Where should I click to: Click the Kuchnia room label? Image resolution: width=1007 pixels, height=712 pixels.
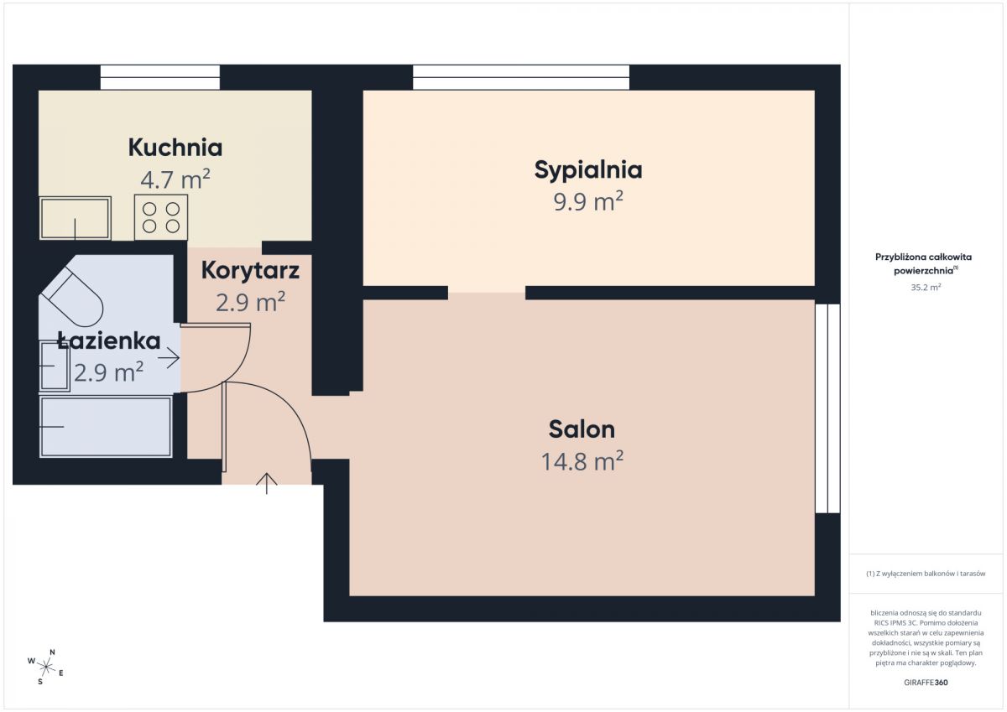point(175,148)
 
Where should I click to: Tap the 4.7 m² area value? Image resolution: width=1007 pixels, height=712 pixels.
point(175,179)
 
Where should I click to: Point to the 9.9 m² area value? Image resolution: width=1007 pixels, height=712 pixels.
point(588,200)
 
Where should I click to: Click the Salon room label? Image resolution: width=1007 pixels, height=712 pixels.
point(582,429)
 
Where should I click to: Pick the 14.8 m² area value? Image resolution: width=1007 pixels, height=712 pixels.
point(582,461)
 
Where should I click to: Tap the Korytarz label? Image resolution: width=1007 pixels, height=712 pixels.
point(250,270)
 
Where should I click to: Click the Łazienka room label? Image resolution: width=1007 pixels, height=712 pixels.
point(109,340)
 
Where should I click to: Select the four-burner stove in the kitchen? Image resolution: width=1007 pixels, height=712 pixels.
point(161,217)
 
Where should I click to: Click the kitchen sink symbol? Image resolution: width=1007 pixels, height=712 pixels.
point(76,218)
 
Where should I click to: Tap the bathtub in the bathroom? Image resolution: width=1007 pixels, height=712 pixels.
point(106,427)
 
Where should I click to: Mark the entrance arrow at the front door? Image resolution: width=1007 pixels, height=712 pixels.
point(267,483)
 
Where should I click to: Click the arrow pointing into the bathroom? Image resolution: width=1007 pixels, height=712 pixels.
point(169,358)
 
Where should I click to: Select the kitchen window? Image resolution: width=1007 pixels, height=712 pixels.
point(160,77)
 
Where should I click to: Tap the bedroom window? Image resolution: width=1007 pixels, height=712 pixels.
point(521,77)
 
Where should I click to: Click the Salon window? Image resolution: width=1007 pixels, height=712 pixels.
point(827,408)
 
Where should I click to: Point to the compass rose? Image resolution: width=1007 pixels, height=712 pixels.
point(46,667)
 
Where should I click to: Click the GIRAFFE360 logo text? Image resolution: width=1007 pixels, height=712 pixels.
point(926,683)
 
